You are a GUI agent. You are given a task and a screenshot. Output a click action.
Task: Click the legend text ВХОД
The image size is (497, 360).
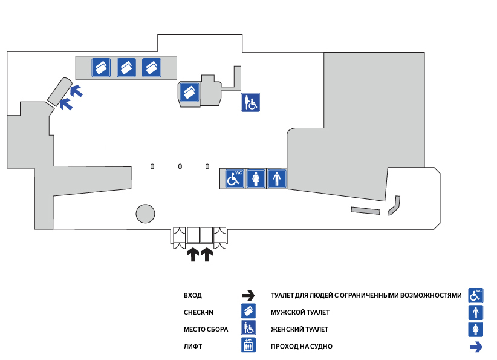pos(193,296)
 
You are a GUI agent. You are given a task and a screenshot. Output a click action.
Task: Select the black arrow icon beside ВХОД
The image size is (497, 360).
pos(248,296)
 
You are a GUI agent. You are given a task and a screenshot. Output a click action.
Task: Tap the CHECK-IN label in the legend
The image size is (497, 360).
pos(198,313)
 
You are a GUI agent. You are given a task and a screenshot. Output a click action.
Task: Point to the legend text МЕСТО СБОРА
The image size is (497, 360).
pos(206,330)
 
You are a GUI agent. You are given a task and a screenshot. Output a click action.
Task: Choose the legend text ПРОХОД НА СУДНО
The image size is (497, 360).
pos(302,347)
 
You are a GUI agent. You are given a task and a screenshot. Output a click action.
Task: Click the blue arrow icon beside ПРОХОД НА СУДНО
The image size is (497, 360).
pos(476,347)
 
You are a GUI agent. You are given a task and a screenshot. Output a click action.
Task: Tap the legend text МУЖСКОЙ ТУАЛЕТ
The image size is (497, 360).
pos(300,313)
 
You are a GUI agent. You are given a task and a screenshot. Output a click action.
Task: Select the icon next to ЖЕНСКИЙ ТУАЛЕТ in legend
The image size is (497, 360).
pos(476,329)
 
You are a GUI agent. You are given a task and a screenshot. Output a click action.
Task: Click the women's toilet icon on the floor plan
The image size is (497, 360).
pos(256,179)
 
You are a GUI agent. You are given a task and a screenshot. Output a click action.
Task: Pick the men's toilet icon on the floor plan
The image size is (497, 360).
pos(277,179)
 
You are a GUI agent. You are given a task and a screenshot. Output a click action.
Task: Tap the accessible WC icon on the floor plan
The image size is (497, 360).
pos(235,179)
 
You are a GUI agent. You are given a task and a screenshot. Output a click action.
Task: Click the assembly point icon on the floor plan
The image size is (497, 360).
pos(250,102)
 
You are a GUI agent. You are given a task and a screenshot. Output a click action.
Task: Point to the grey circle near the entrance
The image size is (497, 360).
pos(145,214)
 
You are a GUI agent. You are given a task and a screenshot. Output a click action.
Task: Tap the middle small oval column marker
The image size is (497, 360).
pos(180,166)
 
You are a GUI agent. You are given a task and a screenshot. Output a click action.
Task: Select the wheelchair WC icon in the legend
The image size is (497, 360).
pos(476,295)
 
